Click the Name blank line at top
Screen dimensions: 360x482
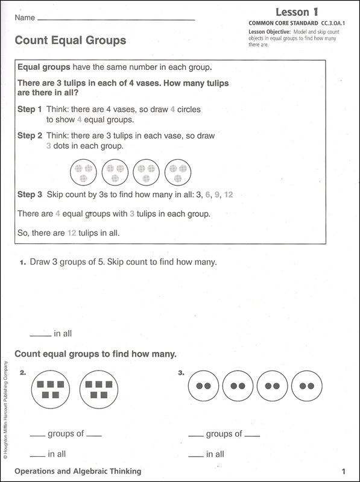[116, 20]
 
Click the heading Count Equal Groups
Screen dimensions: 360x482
[71, 40]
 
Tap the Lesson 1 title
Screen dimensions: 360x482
[297, 12]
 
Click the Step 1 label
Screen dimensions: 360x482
[30, 110]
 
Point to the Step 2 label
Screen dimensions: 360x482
[30, 136]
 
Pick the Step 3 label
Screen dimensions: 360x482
[30, 194]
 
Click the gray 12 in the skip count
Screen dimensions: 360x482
[229, 195]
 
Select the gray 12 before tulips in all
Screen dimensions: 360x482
[72, 233]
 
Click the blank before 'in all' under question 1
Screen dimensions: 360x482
[40, 336]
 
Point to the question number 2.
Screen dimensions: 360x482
[23, 373]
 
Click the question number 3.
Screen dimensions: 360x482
[181, 373]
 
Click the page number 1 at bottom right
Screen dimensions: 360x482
[343, 472]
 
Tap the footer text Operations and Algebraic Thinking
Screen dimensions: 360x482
[78, 471]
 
